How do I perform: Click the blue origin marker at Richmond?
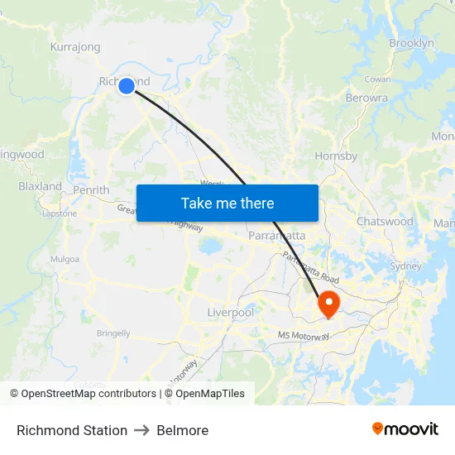[x=127, y=85]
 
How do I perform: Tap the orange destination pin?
[x=328, y=303]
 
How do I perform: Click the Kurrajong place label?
[x=75, y=47]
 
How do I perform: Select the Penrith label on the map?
[x=91, y=189]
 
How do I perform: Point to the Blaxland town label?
[x=40, y=186]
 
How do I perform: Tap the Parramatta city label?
[x=277, y=236]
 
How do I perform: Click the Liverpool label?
[x=230, y=313]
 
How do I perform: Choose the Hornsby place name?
[x=336, y=156]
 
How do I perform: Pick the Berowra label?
[x=366, y=98]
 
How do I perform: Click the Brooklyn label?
[x=411, y=43]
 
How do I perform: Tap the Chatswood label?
[x=385, y=222]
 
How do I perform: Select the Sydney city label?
[x=405, y=266]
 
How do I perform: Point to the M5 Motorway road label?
[x=304, y=336]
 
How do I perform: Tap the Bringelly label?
[x=113, y=333]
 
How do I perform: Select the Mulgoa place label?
[x=65, y=259]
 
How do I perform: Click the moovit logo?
[x=405, y=429]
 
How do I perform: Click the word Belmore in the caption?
[x=182, y=430]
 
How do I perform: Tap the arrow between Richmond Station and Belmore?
[x=141, y=430]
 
